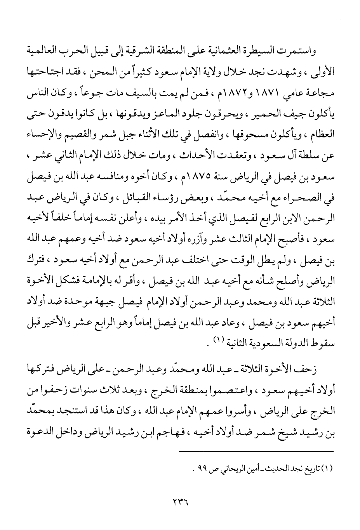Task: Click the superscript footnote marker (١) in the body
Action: (x=220, y=339)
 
